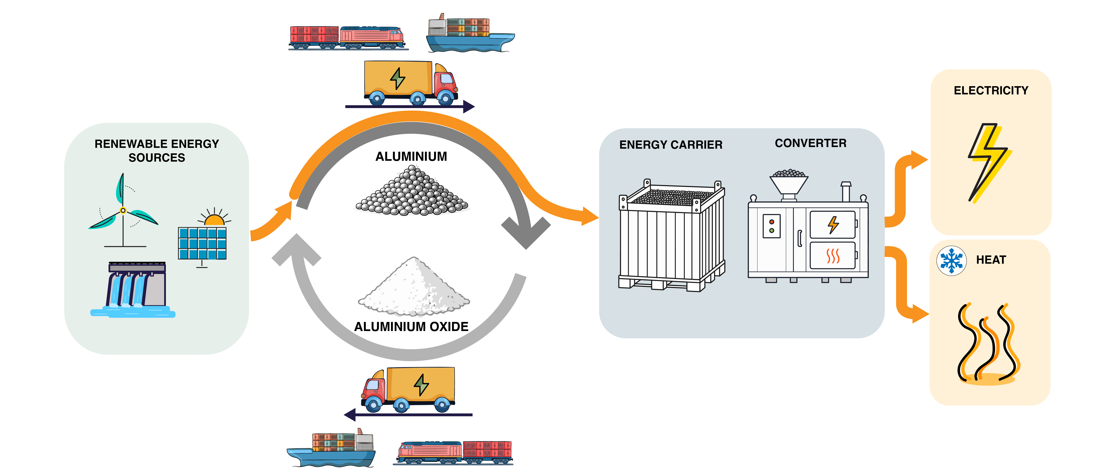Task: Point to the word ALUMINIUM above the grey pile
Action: (411, 157)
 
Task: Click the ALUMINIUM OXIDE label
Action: (411, 326)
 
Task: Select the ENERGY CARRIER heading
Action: (670, 145)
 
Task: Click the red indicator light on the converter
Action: (772, 222)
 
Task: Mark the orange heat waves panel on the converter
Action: (833, 255)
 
